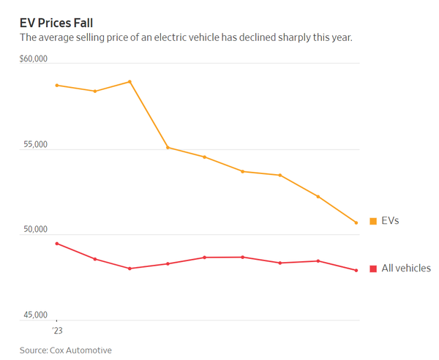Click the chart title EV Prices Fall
56,23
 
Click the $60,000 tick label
34,59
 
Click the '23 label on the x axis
56,330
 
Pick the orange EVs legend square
373,220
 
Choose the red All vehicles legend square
373,269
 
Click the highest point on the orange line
130,81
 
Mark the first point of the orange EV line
57,86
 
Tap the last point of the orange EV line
356,222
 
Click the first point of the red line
57,244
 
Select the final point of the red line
356,271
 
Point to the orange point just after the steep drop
168,148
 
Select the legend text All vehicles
405,269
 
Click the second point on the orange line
95,91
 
